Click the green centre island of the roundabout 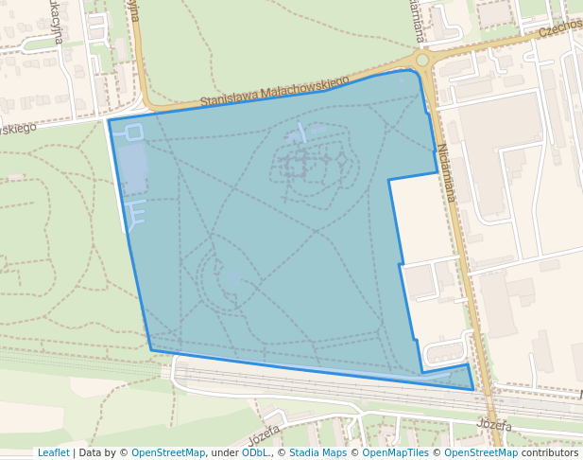pos(421,60)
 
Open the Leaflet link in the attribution pos(53,452)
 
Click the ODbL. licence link pos(255,452)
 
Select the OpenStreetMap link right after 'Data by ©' pos(168,452)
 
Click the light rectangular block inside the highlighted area pos(132,168)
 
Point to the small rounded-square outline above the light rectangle pos(133,132)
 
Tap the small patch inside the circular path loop pos(233,278)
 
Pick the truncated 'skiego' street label pos(18,127)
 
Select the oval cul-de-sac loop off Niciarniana pos(445,353)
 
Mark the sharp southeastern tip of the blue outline pos(472,388)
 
